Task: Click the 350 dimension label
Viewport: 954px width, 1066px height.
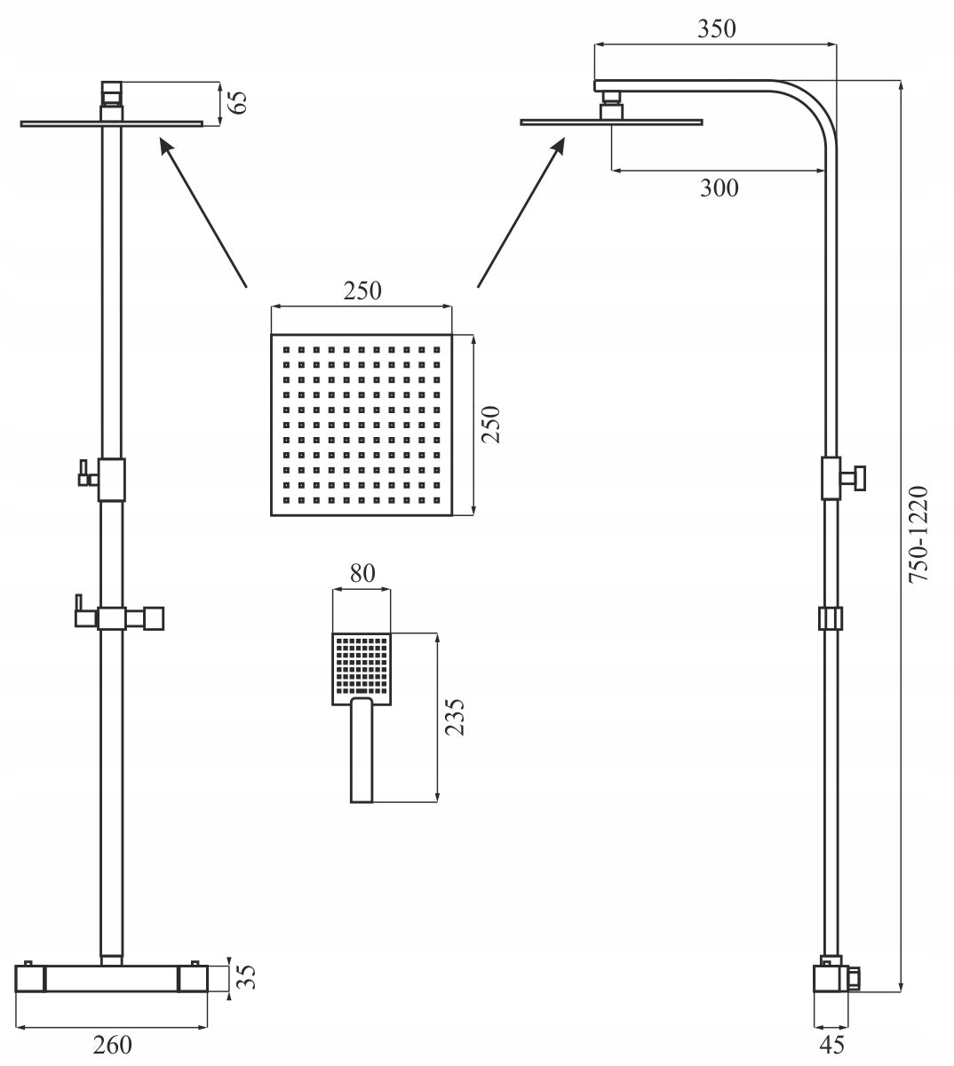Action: (716, 28)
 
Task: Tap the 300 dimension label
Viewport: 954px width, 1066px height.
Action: (719, 187)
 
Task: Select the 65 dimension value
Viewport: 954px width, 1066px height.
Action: (238, 102)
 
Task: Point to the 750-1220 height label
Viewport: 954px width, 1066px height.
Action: (918, 534)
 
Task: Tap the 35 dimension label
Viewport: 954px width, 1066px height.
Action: (246, 977)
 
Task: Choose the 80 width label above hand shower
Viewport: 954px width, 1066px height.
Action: (362, 574)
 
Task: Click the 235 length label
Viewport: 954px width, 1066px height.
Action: (455, 717)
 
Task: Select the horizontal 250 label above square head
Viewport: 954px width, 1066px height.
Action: (362, 291)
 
